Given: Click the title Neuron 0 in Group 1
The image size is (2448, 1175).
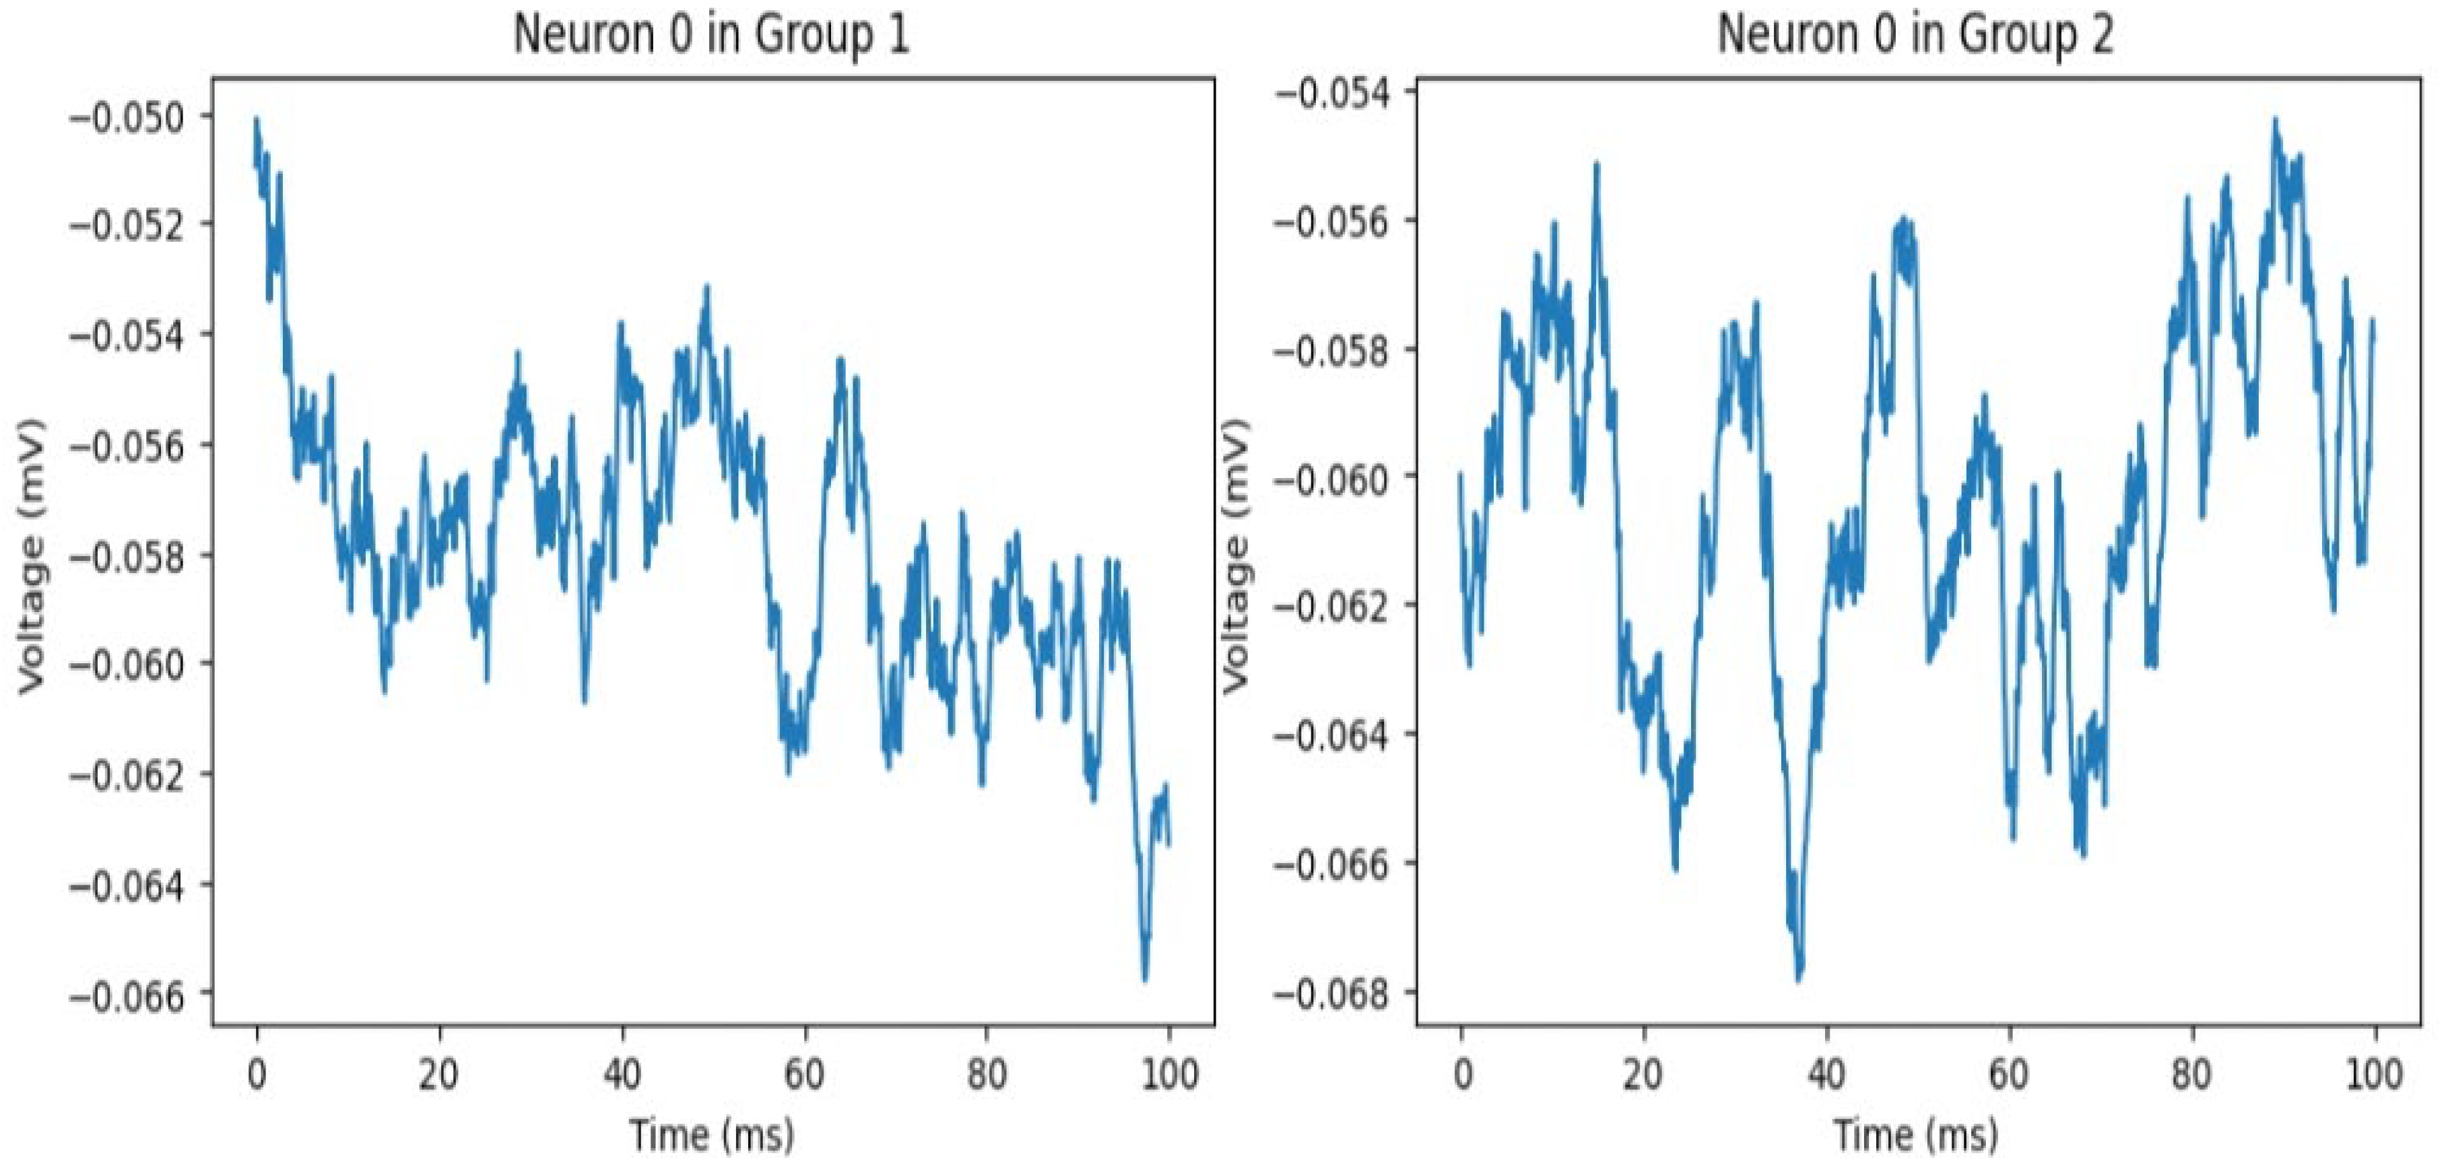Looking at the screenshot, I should coord(711,36).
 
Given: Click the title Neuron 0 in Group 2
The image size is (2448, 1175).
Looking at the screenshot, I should coord(1915,36).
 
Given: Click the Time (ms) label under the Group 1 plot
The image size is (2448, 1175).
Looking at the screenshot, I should coord(712,1135).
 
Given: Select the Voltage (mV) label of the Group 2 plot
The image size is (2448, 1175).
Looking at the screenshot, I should coord(1234,556).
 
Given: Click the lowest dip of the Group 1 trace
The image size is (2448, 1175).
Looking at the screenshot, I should coord(1145,978).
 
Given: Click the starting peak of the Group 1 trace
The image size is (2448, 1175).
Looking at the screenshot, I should coord(257,121).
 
